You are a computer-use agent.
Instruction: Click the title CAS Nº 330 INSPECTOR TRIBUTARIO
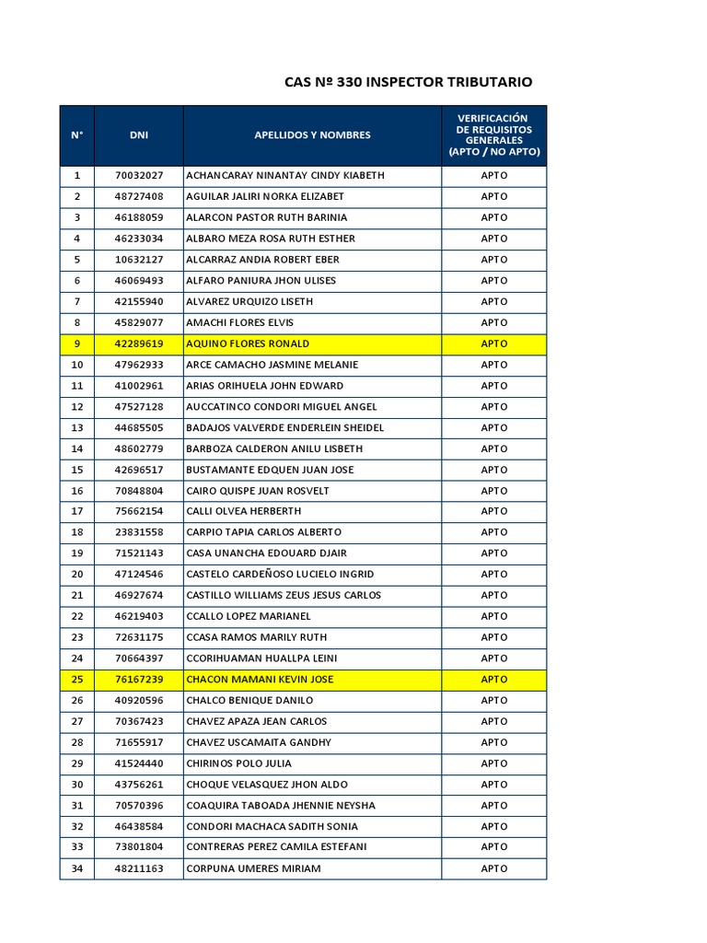click(409, 83)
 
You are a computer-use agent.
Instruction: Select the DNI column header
click(139, 135)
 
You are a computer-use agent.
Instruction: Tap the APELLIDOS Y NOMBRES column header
click(312, 135)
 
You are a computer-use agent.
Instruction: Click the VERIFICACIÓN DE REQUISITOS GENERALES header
click(493, 135)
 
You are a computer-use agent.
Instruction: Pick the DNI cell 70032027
click(139, 175)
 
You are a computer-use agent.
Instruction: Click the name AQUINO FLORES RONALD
click(249, 343)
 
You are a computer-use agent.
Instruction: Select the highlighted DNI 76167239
click(139, 680)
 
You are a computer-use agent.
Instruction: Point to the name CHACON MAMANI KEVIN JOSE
click(260, 680)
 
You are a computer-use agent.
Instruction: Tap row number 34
click(77, 868)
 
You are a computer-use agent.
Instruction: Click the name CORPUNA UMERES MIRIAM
click(253, 868)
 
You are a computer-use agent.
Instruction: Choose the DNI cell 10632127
click(139, 260)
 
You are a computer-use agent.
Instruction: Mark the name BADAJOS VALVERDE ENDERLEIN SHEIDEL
click(284, 427)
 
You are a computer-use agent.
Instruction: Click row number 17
click(77, 511)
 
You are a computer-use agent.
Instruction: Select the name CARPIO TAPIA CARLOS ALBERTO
click(263, 532)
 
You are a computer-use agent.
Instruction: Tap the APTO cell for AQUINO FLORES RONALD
click(493, 343)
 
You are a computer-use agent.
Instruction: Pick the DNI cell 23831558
click(139, 532)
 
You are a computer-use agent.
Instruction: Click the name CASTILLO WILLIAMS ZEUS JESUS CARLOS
click(284, 595)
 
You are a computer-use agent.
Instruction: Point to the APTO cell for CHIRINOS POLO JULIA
click(493, 763)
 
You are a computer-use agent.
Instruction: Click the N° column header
click(77, 135)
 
